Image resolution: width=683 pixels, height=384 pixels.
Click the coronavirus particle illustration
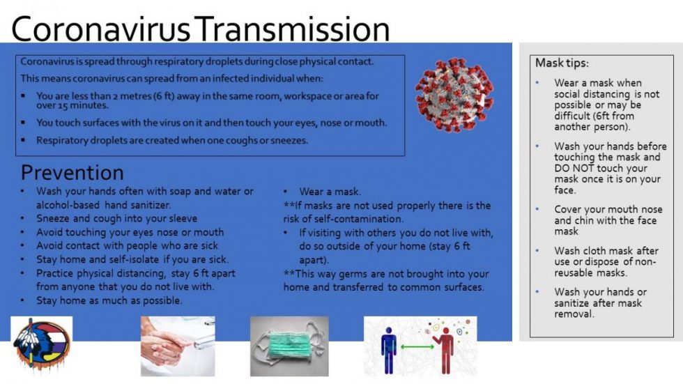(454, 95)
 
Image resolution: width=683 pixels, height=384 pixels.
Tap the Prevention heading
(72, 172)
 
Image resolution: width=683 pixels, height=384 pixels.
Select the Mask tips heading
(562, 63)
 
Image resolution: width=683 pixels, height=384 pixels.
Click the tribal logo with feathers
(41, 344)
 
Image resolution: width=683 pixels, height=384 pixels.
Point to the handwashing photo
(178, 346)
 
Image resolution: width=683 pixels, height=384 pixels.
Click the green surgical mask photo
(289, 346)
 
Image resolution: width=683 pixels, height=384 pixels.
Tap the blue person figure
(389, 351)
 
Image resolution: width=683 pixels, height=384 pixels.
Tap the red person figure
(445, 351)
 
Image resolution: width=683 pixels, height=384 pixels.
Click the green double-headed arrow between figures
(417, 347)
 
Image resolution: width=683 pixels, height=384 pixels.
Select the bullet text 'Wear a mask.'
(330, 192)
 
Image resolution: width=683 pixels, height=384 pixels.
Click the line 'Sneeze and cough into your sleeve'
(117, 219)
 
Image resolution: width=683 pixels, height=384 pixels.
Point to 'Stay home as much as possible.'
(109, 300)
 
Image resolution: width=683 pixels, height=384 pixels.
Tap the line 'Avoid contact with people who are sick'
(127, 245)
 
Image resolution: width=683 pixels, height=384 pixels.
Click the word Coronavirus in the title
(100, 29)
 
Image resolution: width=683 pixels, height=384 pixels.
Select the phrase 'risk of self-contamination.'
(343, 219)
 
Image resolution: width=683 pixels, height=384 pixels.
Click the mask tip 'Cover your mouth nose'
(608, 209)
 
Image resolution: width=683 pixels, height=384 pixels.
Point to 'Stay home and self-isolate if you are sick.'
(132, 259)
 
